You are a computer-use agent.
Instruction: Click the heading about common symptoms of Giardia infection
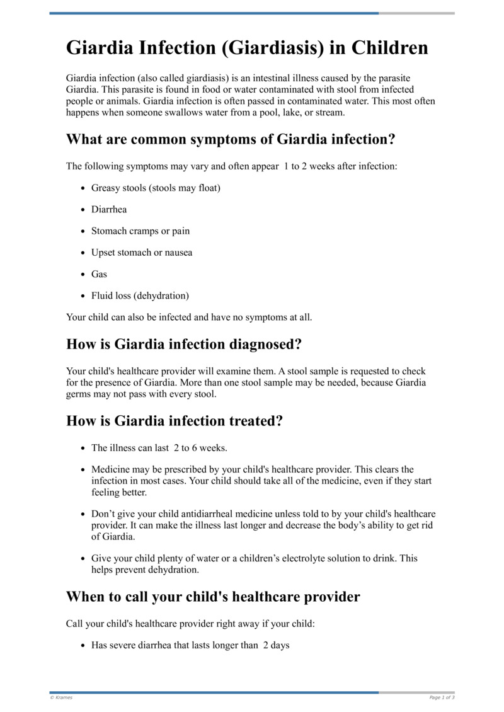pos(231,139)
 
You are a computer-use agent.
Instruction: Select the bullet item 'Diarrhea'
pos(109,209)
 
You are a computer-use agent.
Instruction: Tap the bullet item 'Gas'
pos(99,274)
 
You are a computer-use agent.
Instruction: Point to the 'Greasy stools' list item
pos(156,188)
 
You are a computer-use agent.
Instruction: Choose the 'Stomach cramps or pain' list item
pos(140,231)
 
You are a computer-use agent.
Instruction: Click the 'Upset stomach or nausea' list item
pos(142,252)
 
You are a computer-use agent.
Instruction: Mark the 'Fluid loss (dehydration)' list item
pos(140,295)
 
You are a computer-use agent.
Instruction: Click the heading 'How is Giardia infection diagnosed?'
pos(184,344)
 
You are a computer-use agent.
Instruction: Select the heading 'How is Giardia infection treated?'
pos(175,420)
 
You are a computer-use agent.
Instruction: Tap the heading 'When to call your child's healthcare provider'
pos(213,596)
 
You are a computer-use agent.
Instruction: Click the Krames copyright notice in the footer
pos(62,698)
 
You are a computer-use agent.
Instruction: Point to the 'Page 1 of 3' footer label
pos(442,698)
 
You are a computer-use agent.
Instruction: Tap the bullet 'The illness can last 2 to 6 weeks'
pos(159,448)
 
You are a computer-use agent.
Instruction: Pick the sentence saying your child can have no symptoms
pos(189,317)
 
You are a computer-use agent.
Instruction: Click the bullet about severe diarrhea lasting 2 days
pos(190,645)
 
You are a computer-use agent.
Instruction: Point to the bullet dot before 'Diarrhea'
pos(84,210)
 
